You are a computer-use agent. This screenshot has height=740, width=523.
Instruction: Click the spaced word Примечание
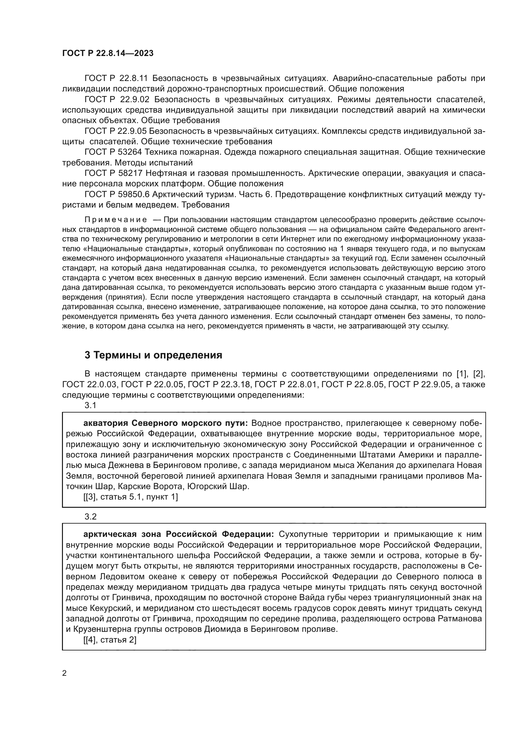click(116, 220)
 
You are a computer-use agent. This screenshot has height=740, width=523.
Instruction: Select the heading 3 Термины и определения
click(153, 355)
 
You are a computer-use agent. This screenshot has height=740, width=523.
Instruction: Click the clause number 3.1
click(90, 406)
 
